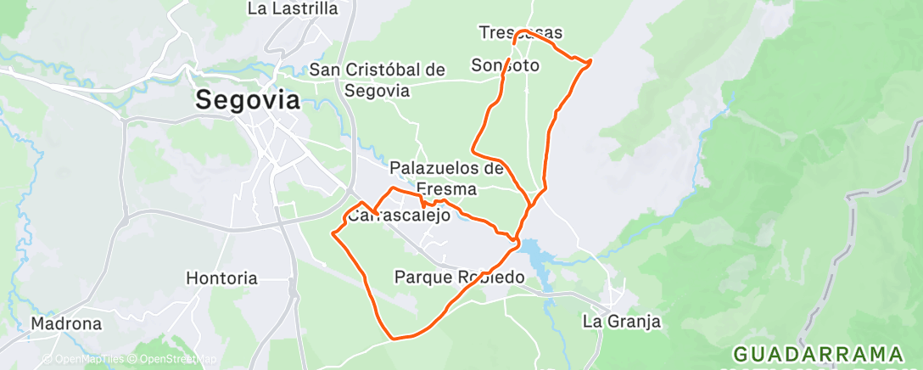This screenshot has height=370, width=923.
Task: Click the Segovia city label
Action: point(248,100)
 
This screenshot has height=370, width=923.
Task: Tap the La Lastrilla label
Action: point(293,9)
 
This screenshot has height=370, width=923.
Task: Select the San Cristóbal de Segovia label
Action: point(378,80)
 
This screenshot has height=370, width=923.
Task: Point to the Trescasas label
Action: point(521,33)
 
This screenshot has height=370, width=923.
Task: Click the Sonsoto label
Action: point(506,64)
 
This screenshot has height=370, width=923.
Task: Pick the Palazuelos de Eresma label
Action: point(447,177)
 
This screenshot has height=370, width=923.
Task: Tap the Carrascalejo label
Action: point(399,216)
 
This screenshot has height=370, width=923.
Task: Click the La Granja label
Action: point(621,322)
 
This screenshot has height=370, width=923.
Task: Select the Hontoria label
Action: point(221,277)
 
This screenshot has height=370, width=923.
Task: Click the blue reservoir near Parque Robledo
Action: point(532,251)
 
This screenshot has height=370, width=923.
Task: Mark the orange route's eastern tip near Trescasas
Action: point(590,61)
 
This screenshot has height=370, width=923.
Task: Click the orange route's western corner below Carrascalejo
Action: point(333,233)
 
